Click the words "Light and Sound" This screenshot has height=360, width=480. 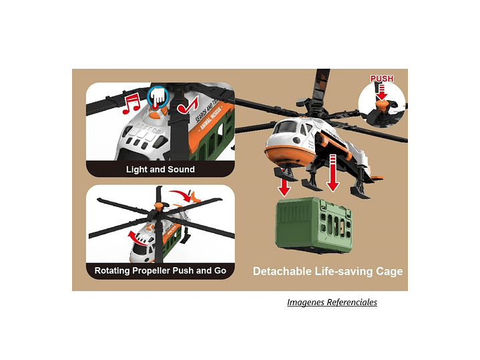(160, 170)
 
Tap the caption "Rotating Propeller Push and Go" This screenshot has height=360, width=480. (160, 271)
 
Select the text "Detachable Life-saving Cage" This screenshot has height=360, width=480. (327, 271)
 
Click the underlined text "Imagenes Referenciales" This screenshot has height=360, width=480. (332, 303)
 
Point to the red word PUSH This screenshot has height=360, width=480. (382, 79)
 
